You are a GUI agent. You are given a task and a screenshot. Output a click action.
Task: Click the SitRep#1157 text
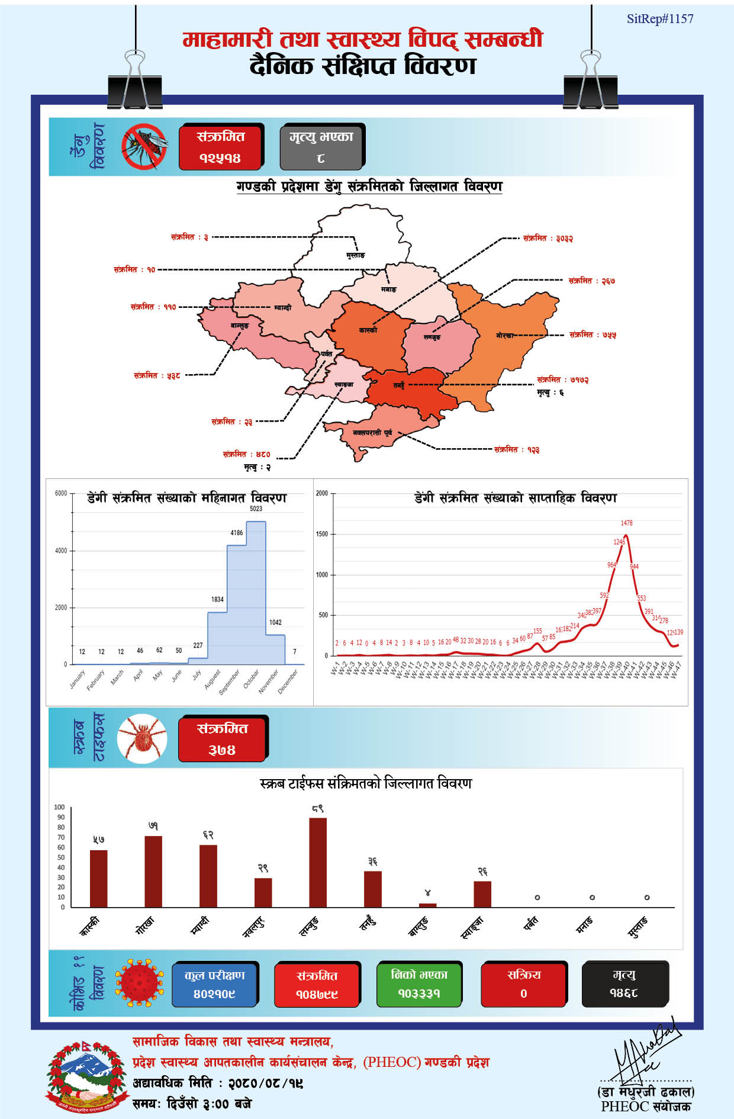(659, 19)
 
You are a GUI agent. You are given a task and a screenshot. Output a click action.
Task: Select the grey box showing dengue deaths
(321, 147)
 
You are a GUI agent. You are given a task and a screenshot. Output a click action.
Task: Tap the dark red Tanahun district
(408, 388)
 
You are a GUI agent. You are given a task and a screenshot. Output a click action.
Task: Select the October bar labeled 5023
(256, 592)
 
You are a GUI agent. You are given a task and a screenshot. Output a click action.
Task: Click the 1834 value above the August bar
(217, 599)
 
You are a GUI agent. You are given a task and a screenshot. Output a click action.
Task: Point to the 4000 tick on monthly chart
(61, 551)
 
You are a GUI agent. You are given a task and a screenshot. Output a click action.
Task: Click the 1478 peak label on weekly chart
(626, 523)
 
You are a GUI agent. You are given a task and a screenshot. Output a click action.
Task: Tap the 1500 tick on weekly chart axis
(321, 534)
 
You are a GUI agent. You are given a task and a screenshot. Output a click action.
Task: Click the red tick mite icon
(142, 738)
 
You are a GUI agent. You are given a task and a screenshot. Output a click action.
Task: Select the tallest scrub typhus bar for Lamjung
(318, 862)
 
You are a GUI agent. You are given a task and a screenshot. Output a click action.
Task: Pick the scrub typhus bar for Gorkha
(153, 871)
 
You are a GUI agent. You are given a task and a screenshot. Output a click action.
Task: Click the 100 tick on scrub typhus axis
(59, 807)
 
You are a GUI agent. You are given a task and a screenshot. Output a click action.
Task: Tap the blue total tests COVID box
(214, 984)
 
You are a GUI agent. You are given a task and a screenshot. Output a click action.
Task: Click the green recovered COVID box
(419, 984)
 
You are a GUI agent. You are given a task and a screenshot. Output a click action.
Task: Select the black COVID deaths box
(624, 984)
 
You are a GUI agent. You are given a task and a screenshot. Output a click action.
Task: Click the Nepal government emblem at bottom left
(87, 1076)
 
